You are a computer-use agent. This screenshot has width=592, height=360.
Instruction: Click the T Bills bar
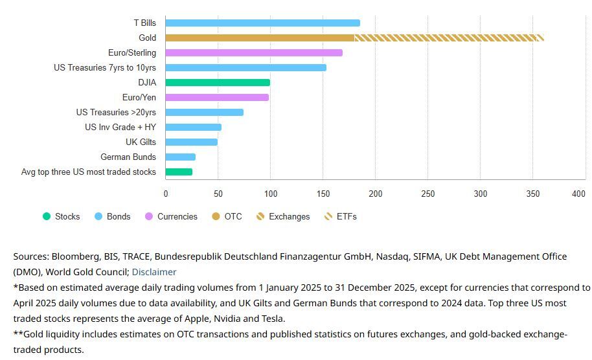262,23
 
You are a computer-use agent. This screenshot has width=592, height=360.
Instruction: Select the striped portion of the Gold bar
449,38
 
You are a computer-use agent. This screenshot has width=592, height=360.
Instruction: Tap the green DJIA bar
218,82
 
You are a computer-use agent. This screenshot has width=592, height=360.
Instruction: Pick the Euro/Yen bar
217,97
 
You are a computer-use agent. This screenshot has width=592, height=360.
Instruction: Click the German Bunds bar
180,157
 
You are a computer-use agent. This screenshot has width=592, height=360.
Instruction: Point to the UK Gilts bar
191,142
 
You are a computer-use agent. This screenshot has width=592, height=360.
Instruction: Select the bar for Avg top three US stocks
179,172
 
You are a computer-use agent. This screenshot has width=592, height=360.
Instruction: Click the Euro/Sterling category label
132,52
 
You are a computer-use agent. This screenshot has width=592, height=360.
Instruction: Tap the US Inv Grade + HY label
120,127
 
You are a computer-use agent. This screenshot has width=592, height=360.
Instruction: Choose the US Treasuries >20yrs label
116,112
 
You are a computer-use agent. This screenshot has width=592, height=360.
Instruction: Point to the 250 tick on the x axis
428,194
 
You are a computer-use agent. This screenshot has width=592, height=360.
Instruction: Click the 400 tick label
578,194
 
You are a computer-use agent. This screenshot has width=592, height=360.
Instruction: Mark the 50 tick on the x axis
218,194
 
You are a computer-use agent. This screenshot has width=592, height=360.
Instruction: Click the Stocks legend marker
47,216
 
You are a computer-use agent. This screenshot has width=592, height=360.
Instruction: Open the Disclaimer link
154,272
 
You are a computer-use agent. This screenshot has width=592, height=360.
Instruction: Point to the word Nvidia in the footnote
222,319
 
